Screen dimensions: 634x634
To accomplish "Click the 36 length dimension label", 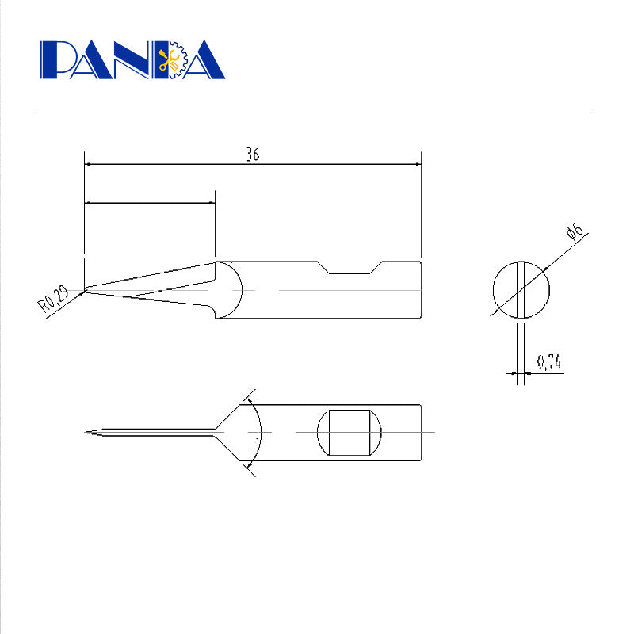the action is (x=253, y=155).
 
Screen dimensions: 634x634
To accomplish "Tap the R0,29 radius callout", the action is (x=53, y=299).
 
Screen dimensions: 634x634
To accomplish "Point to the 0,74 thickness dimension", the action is (x=549, y=362).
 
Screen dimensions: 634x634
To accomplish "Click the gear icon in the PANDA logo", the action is (x=178, y=59).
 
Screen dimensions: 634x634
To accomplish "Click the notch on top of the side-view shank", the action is (x=349, y=268).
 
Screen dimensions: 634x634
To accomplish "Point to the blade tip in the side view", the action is (x=86, y=290).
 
